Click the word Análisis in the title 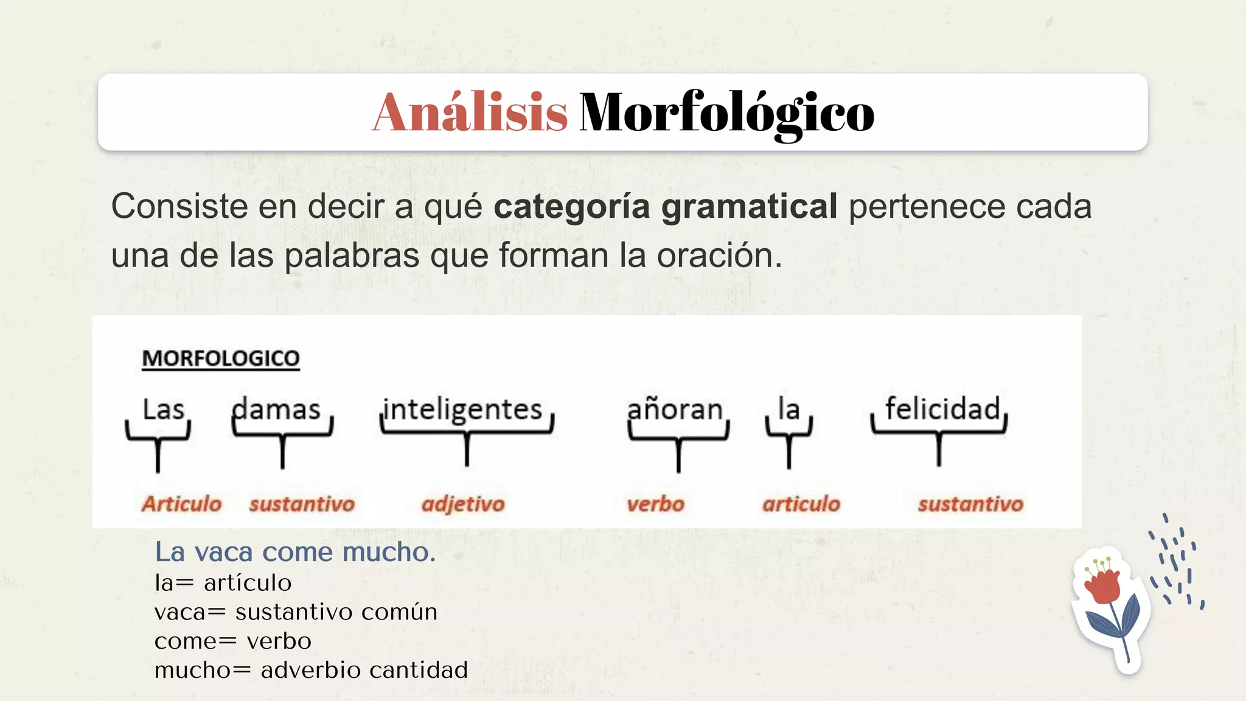[470, 113]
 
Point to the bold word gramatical [749, 207]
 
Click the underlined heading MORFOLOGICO [220, 358]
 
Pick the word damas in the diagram [277, 410]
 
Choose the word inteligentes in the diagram [463, 410]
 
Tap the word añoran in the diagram [675, 410]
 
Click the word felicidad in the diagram [942, 408]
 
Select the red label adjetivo [463, 504]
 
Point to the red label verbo [655, 504]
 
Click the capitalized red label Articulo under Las [181, 504]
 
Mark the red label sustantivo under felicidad [970, 504]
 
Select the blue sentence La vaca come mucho [295, 553]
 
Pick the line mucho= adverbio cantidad [311, 670]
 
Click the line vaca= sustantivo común [296, 612]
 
